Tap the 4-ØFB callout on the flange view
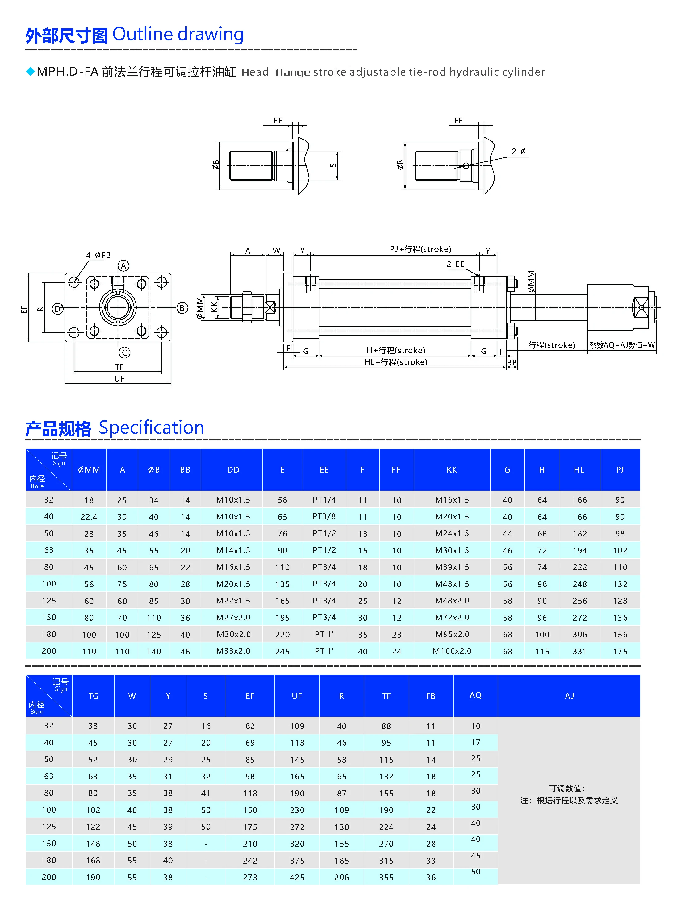pyautogui.click(x=98, y=255)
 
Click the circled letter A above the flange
pyautogui.click(x=123, y=266)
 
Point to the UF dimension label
pyautogui.click(x=119, y=379)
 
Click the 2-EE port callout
pyautogui.click(x=455, y=264)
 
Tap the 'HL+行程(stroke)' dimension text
pyautogui.click(x=395, y=362)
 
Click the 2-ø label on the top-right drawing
pyautogui.click(x=519, y=152)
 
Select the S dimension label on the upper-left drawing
pyautogui.click(x=333, y=165)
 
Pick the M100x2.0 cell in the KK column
pyautogui.click(x=452, y=651)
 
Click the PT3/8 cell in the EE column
pyautogui.click(x=324, y=516)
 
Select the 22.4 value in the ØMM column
pyautogui.click(x=89, y=517)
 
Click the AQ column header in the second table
pyautogui.click(x=475, y=695)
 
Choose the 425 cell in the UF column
pyautogui.click(x=297, y=877)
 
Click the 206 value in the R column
pyautogui.click(x=341, y=877)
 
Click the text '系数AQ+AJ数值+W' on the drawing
pyautogui.click(x=622, y=345)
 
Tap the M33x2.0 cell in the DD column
pyautogui.click(x=233, y=651)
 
